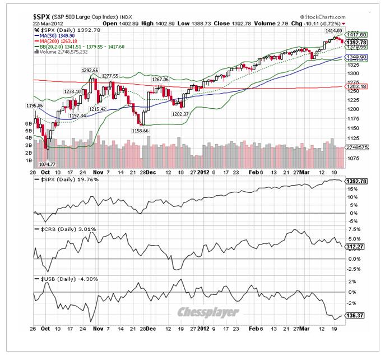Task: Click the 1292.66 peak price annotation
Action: pyautogui.click(x=90, y=71)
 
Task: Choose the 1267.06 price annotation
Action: pyautogui.click(x=160, y=80)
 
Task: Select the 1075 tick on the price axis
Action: pyautogui.click(x=354, y=158)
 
